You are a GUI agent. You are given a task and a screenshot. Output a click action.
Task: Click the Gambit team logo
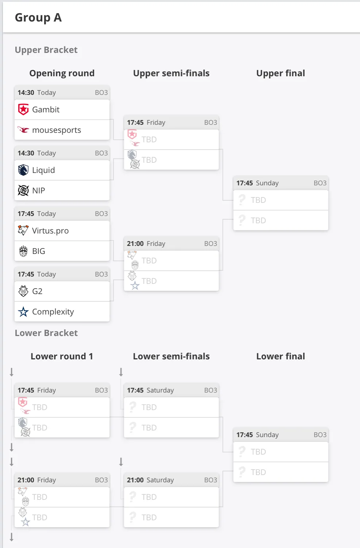click(x=23, y=109)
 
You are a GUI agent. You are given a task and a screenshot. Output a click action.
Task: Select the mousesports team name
click(x=57, y=130)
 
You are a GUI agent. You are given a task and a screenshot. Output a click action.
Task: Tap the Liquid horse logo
click(x=23, y=170)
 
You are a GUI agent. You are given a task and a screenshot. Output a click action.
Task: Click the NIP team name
click(x=39, y=190)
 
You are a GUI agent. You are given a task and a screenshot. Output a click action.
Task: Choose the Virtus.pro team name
click(x=50, y=231)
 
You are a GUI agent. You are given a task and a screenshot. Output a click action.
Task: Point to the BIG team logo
click(x=23, y=251)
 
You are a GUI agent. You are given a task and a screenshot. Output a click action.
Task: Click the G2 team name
click(x=37, y=292)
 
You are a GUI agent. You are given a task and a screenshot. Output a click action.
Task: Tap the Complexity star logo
click(x=23, y=312)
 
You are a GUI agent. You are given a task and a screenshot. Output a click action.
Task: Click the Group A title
click(x=38, y=18)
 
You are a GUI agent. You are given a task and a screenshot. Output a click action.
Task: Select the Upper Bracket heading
click(x=46, y=50)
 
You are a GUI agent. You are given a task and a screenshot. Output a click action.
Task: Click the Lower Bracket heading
click(x=46, y=333)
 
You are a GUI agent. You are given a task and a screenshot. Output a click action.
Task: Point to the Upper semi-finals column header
click(x=171, y=73)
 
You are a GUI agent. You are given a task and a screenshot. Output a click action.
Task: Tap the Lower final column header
click(x=281, y=356)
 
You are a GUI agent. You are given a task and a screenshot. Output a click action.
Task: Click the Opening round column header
click(x=62, y=73)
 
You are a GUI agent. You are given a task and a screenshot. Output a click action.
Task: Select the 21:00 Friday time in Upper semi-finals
click(x=146, y=244)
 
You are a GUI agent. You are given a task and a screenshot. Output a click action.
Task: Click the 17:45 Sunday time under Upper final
click(x=258, y=183)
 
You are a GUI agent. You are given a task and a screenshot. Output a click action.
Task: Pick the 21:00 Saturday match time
click(x=150, y=480)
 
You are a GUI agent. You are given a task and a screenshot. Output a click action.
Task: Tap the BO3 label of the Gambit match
click(x=102, y=92)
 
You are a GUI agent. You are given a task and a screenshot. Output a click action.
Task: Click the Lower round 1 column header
click(x=62, y=356)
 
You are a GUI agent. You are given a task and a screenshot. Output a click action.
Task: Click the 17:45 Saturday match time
click(x=150, y=390)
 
